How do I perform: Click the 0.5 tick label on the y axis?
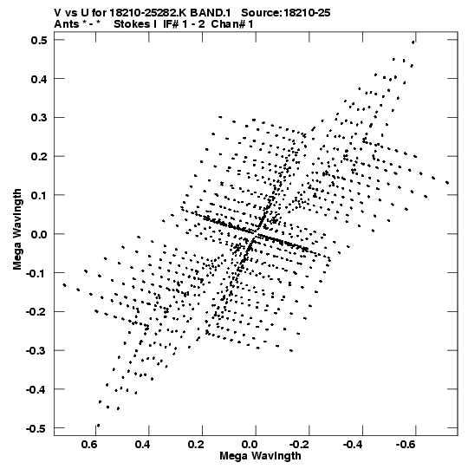tap(39, 41)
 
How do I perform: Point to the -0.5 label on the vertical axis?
tap(36, 428)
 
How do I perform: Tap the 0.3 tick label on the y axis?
tap(39, 118)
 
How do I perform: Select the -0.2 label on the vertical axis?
tap(36, 312)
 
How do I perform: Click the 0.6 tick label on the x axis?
tap(89, 445)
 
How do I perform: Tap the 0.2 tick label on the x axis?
tap(196, 445)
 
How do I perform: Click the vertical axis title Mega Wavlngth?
tap(17, 230)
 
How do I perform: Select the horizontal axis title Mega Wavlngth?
tap(260, 456)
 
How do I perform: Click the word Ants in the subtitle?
tap(67, 24)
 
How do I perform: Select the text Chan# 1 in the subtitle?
tap(232, 24)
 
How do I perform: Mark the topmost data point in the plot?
tap(413, 42)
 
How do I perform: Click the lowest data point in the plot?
tap(99, 426)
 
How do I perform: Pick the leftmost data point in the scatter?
tap(64, 285)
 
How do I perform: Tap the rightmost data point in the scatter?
tap(447, 182)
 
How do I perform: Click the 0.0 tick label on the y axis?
tap(39, 234)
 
